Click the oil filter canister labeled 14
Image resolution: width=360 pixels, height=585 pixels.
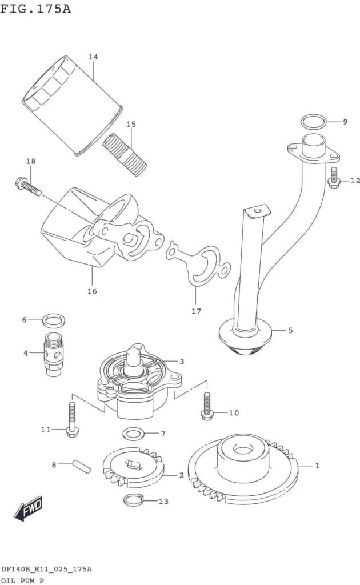(72, 106)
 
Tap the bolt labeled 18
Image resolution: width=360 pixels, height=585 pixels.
(29, 187)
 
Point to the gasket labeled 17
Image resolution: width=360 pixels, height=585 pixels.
(198, 263)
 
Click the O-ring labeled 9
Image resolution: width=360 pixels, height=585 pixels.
(313, 121)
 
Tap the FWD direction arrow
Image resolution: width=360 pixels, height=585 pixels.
(29, 508)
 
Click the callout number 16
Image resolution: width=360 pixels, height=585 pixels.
(92, 291)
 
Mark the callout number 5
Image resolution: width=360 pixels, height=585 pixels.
(290, 330)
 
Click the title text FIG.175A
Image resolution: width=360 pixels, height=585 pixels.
(35, 9)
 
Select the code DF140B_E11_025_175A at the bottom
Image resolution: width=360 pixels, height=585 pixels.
(47, 569)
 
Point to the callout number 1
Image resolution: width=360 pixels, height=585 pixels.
(317, 465)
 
